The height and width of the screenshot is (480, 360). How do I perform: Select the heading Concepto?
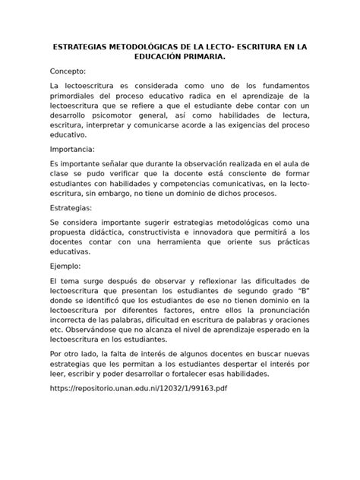click(69, 74)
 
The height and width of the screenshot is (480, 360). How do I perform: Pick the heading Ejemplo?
click(66, 267)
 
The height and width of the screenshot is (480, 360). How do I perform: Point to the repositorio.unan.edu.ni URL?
click(138, 388)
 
